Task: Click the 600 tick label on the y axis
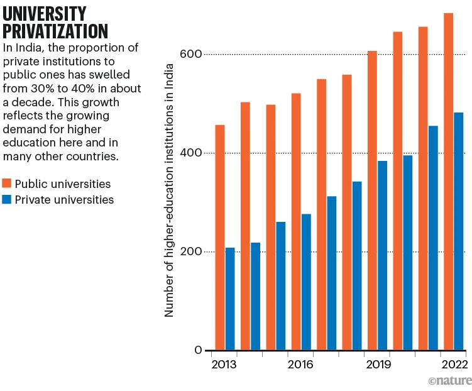[192, 55]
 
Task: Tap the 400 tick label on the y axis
[192, 153]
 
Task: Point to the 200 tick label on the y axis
[192, 252]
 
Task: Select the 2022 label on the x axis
[454, 365]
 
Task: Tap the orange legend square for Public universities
[8, 184]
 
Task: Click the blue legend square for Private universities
[8, 200]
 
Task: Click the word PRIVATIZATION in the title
[55, 31]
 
